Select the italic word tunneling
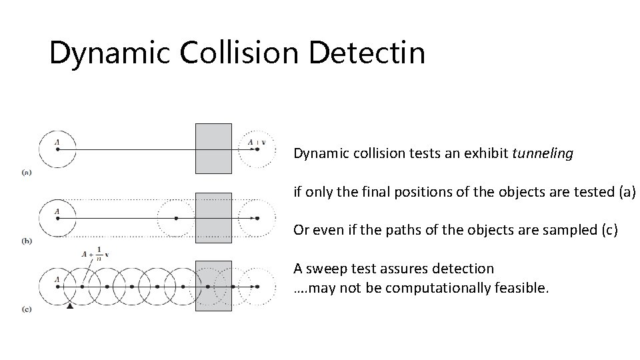[542, 154]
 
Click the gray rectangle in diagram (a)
[213, 148]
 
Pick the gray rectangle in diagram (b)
[213, 217]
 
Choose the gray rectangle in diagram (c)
[213, 286]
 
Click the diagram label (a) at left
[26, 172]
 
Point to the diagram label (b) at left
[26, 241]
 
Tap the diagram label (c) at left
[26, 310]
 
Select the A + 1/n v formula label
[95, 253]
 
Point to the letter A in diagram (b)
[57, 211]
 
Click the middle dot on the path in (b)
[176, 218]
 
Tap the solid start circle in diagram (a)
[57, 149]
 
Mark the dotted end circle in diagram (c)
[257, 287]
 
